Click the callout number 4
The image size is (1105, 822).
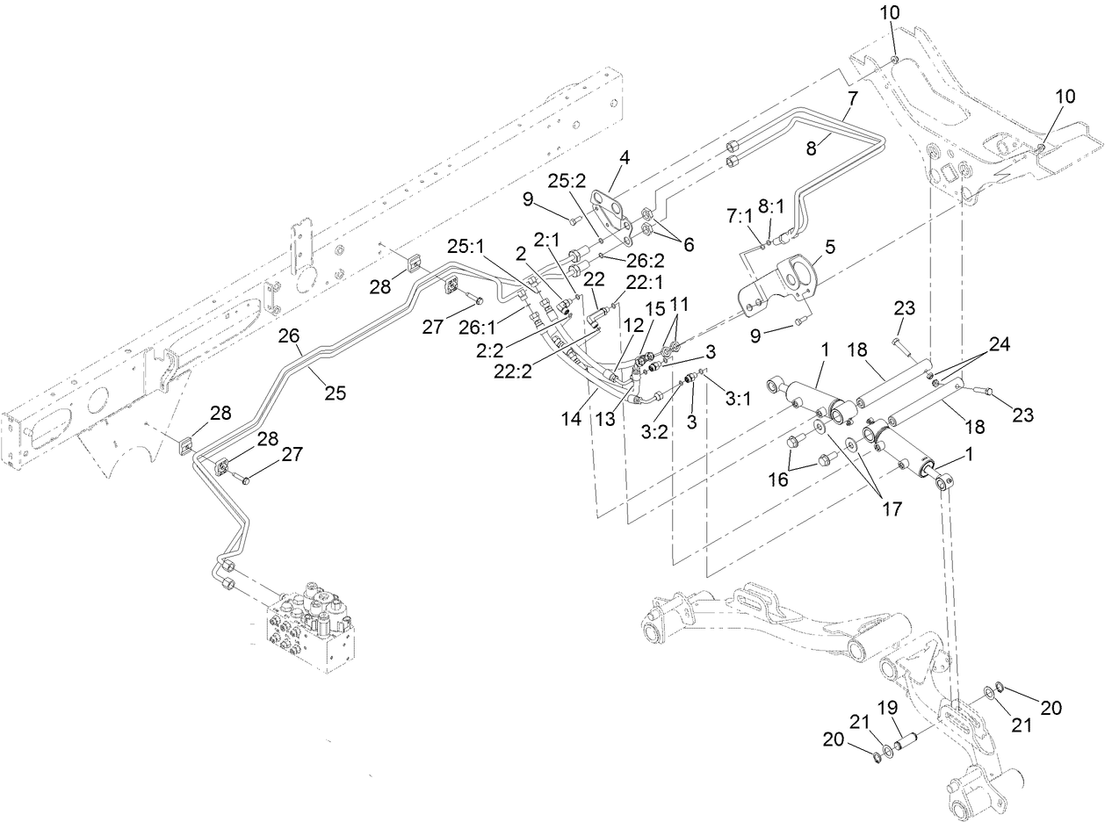625,159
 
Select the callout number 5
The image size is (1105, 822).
829,248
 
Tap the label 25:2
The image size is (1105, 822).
567,179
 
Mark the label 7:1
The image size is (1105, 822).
740,215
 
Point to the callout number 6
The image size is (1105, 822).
687,245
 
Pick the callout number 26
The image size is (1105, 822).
290,336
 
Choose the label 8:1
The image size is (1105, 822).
772,207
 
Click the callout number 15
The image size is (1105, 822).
655,311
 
